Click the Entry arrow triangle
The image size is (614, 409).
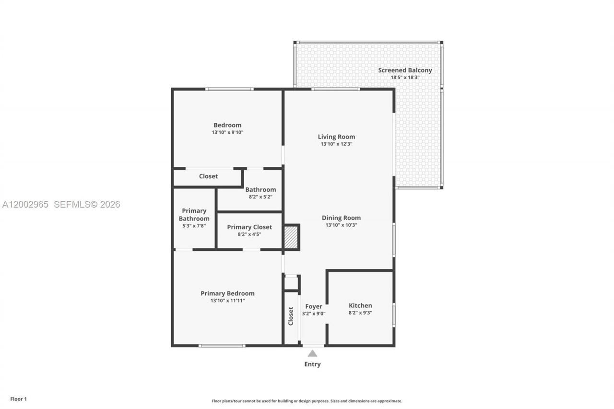coord(312,353)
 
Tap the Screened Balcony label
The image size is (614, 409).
coord(405,70)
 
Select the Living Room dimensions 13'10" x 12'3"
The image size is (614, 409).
coord(336,144)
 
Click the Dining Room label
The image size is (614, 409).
coord(341,218)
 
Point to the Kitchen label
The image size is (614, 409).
coord(360,305)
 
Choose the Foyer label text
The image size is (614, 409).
coord(314,306)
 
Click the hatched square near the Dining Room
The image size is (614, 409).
coord(291,237)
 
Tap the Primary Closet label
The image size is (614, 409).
coord(249,227)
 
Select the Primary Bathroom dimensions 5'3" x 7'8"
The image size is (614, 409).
coord(194,225)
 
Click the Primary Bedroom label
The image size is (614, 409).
coord(227,293)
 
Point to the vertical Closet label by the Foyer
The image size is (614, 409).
coord(291,316)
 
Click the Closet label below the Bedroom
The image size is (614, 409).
coord(208,176)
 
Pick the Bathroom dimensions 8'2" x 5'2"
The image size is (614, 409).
coord(260,197)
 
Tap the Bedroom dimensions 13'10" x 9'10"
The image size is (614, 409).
coord(227,132)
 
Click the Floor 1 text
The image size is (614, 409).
coord(19,399)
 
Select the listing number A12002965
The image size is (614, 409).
coord(25,204)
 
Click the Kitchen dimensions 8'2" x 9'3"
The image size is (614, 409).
coord(360,313)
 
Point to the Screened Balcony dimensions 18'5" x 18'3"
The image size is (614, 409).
coord(405,77)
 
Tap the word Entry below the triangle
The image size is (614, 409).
coord(312,364)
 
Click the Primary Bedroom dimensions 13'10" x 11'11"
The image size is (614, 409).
coord(227,301)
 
